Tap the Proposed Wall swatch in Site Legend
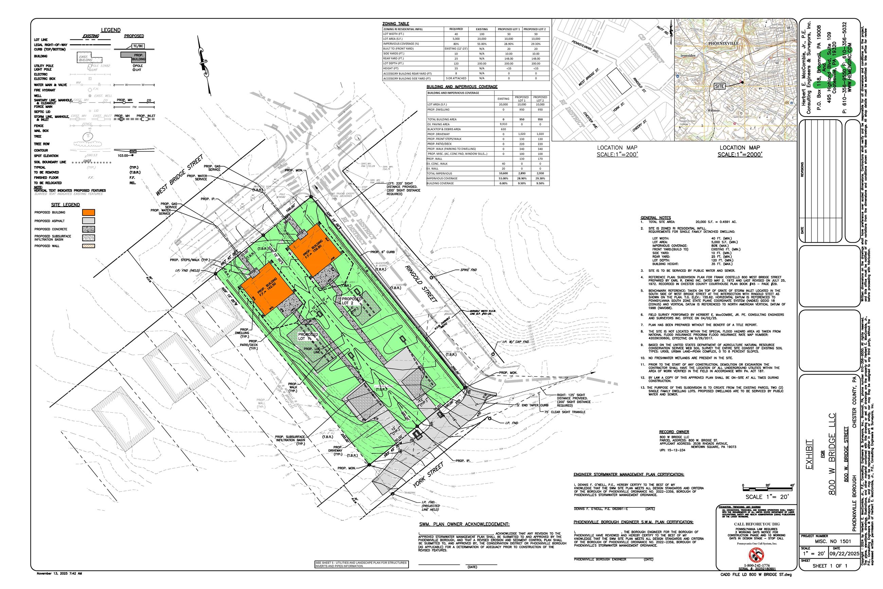click(89, 246)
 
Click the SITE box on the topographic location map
click(719, 86)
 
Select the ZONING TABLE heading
click(396, 24)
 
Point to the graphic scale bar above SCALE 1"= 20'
click(768, 489)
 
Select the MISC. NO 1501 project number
click(833, 541)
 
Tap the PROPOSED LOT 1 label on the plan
click(308, 336)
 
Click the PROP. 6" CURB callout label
click(382, 252)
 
